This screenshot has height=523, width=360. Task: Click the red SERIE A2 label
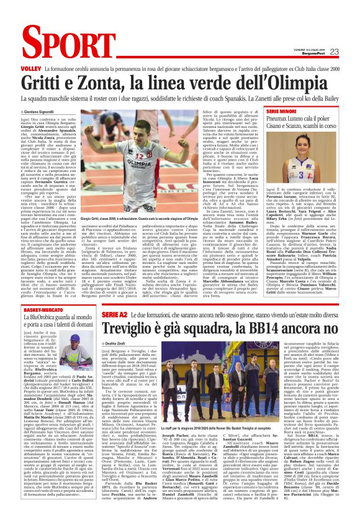114,316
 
